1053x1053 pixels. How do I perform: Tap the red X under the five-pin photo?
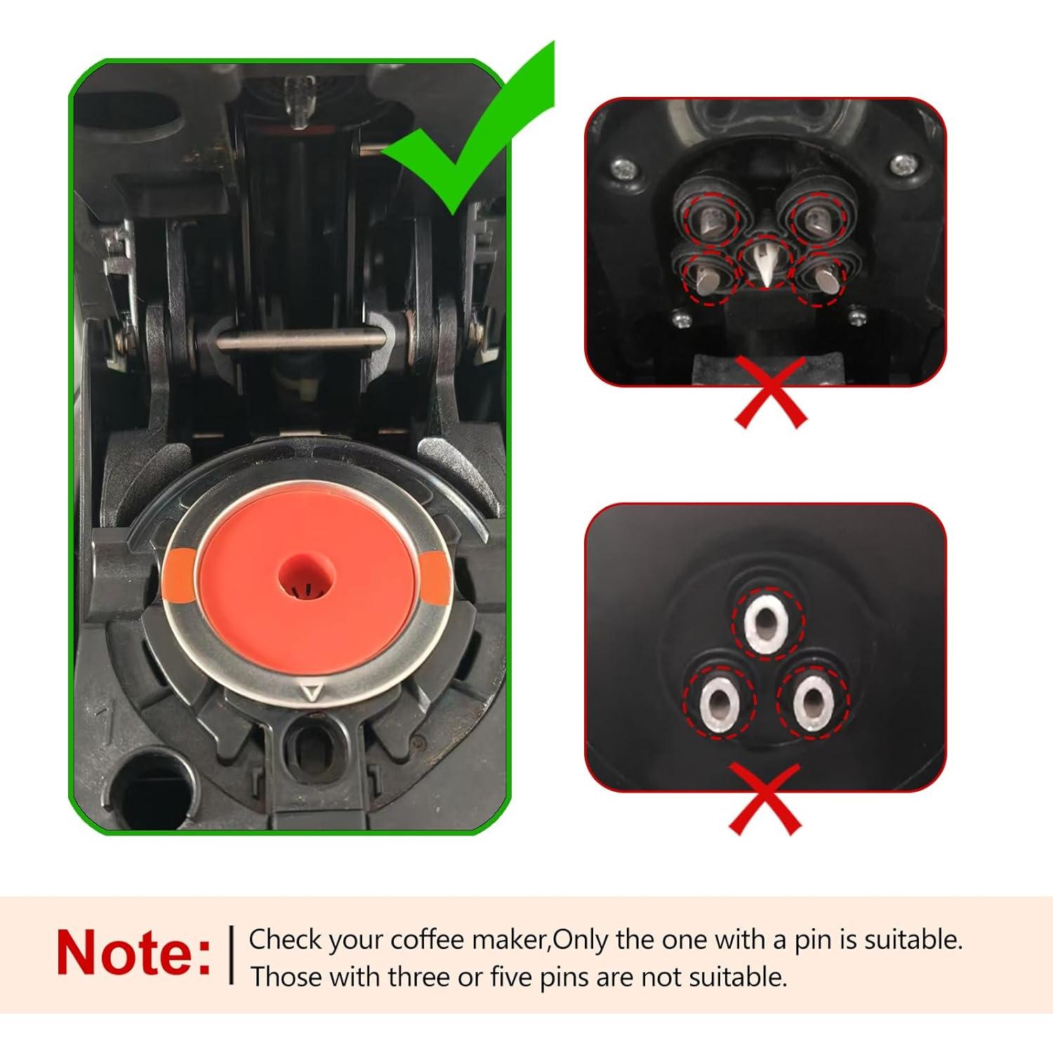(x=770, y=392)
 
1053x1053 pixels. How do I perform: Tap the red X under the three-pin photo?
(x=765, y=799)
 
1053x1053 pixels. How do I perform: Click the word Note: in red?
(x=133, y=953)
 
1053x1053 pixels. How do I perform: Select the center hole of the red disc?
(x=307, y=580)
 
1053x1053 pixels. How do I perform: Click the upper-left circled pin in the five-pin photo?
(x=710, y=220)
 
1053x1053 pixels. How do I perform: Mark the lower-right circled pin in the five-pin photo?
(x=819, y=278)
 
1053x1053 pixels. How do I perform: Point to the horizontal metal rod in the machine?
(x=302, y=342)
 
